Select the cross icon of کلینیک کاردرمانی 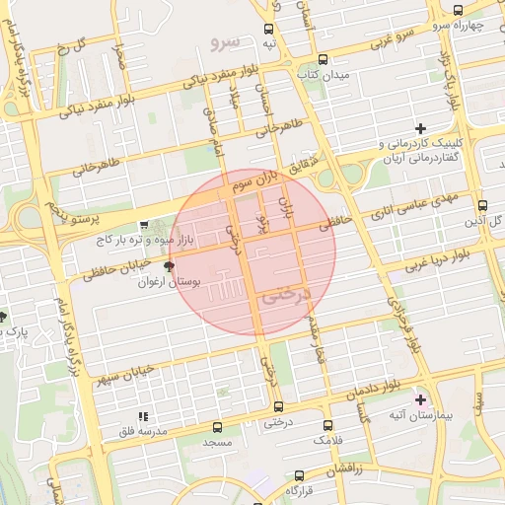tap(421, 128)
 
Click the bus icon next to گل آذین tap(481, 206)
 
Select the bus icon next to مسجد tap(217, 428)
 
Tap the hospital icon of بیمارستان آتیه tap(421, 399)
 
